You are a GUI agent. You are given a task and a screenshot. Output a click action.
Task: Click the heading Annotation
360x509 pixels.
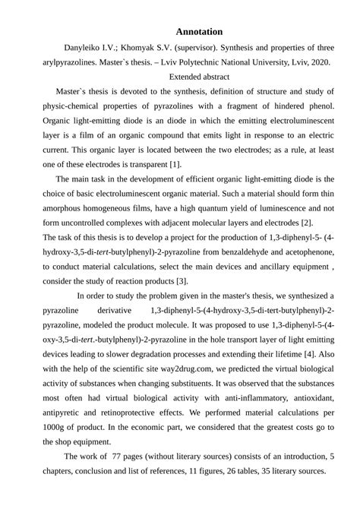point(199,32)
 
